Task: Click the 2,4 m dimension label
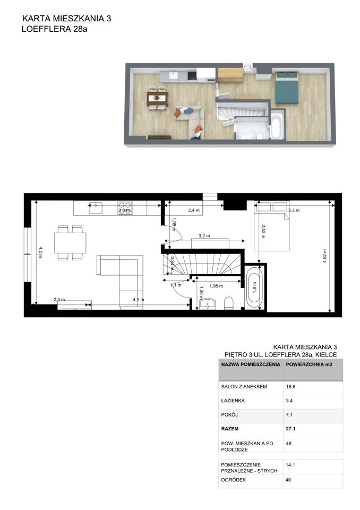tap(194, 210)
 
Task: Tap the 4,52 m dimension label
tap(324, 256)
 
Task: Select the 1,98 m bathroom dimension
tap(216, 286)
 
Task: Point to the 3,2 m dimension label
tap(204, 235)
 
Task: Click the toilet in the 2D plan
tap(229, 303)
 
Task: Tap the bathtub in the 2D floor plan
tap(254, 287)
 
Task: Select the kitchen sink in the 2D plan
tap(96, 208)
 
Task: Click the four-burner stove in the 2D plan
tap(125, 208)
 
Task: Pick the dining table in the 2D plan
tap(70, 243)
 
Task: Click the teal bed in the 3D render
tap(287, 87)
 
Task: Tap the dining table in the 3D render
tap(157, 97)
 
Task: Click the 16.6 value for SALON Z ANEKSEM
tap(291, 387)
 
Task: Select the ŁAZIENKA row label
tap(233, 401)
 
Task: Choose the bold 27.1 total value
tap(291, 429)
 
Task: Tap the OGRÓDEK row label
tap(234, 480)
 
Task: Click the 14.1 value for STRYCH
tap(290, 465)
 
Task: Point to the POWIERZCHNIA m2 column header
tap(309, 364)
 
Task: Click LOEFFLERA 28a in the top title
tap(55, 29)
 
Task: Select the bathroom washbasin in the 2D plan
tap(208, 304)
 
